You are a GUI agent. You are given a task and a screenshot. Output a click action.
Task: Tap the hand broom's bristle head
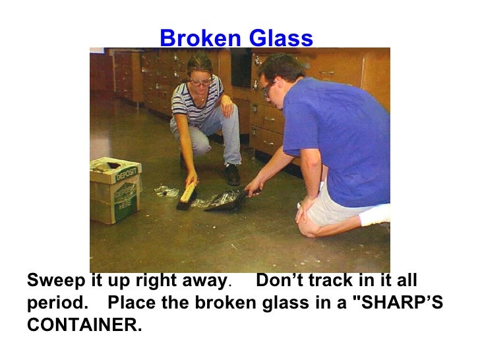(x=187, y=197)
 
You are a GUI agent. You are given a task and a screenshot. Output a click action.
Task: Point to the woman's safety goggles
(x=200, y=82)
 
